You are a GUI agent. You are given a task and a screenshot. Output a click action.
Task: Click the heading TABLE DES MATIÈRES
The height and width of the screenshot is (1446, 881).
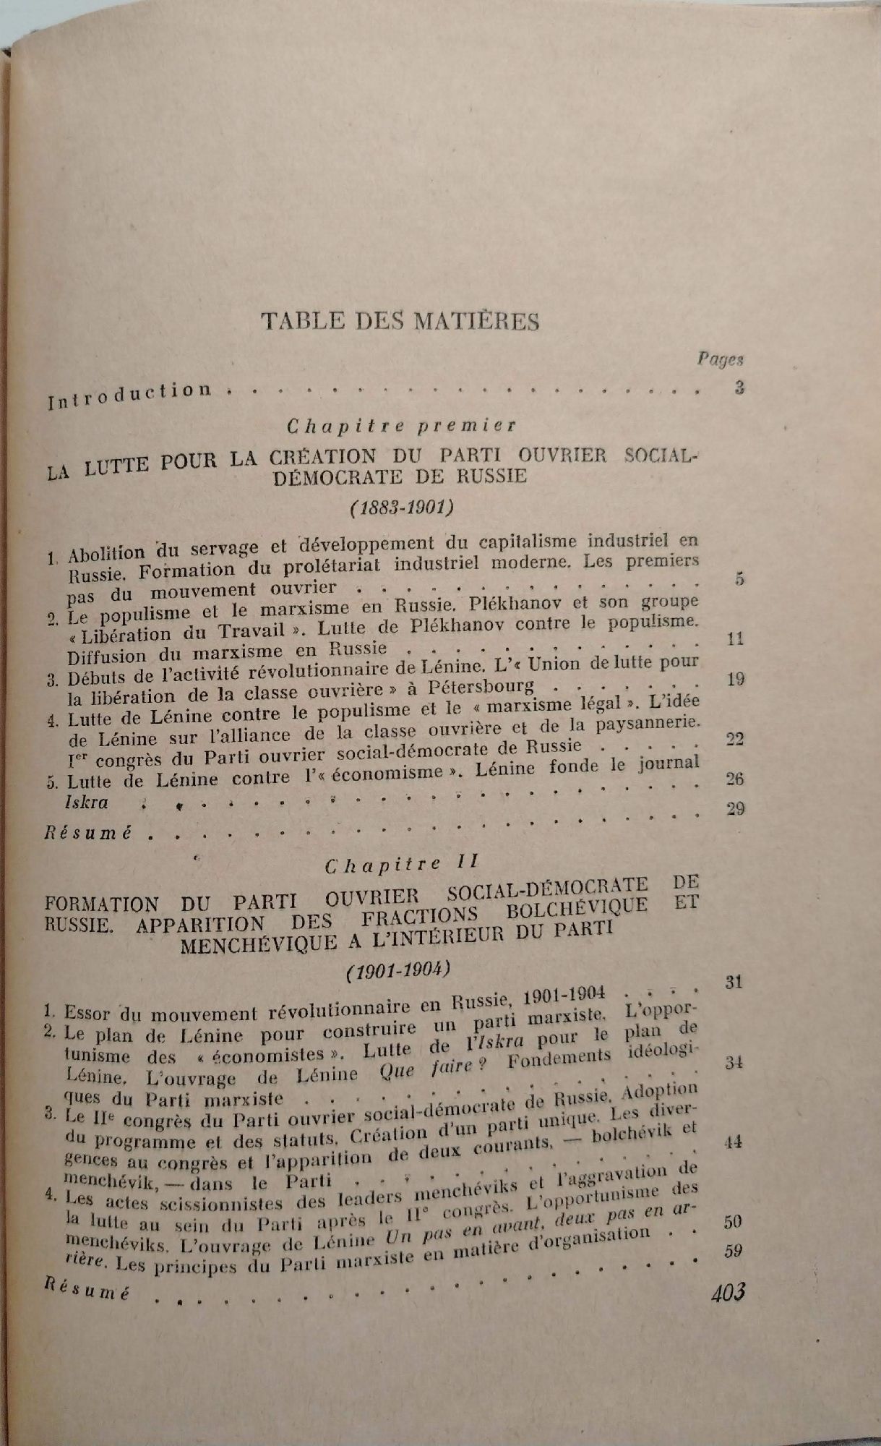[400, 320]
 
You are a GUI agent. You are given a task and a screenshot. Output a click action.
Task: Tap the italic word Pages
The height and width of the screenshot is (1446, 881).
[721, 359]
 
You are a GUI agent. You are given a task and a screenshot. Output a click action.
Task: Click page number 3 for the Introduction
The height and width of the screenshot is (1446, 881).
[739, 387]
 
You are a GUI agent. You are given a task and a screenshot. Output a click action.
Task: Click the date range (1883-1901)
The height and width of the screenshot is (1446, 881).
[400, 508]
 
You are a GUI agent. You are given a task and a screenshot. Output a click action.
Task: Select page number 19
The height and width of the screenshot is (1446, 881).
[735, 679]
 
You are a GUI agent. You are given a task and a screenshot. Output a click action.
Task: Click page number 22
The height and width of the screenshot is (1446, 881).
[735, 739]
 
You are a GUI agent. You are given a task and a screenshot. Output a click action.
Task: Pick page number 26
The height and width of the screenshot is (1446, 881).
[734, 779]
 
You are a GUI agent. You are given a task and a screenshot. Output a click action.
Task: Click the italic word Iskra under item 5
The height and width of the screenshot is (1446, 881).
[86, 801]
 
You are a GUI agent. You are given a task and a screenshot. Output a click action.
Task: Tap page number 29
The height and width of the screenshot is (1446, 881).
[734, 808]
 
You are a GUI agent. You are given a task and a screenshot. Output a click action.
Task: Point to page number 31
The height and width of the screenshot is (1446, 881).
[734, 981]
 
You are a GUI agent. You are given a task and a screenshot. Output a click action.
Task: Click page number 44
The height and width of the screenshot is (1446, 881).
[734, 1142]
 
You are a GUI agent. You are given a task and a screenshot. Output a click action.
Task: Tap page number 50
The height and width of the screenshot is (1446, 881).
[734, 1222]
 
